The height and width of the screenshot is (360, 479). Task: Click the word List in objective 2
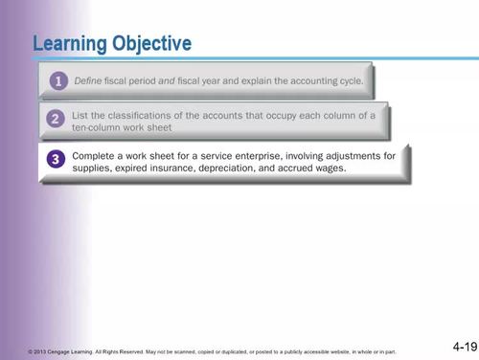click(x=82, y=114)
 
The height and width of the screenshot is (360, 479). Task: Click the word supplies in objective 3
click(x=95, y=167)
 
